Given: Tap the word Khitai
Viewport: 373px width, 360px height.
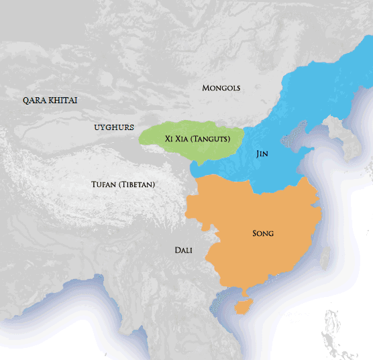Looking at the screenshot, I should tap(62, 101).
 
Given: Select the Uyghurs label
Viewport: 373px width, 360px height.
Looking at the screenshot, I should tap(114, 127).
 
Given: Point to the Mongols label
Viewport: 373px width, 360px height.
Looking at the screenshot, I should tap(221, 88).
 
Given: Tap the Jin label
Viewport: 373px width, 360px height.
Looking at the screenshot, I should tap(262, 154).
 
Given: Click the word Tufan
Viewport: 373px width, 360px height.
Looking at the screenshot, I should tap(105, 184).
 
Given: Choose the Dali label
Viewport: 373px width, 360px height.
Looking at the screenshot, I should tap(183, 250).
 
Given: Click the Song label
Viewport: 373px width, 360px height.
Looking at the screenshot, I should tap(263, 233).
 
